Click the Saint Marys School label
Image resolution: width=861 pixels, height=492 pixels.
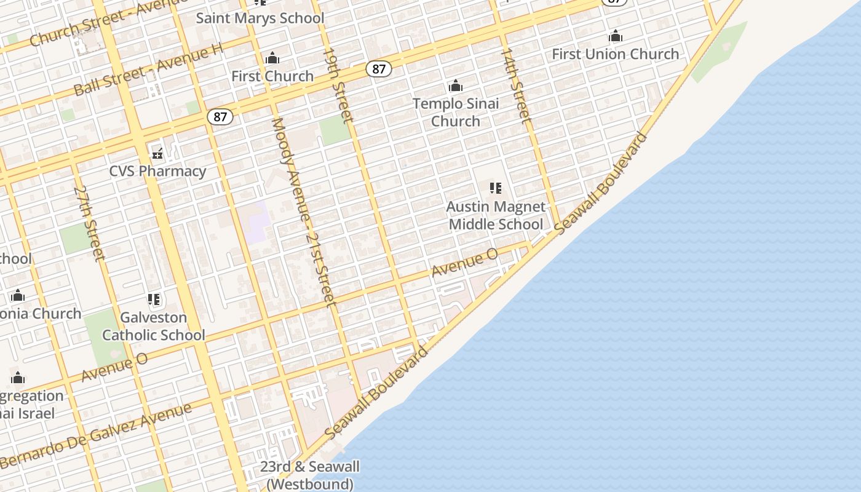pyautogui.click(x=260, y=18)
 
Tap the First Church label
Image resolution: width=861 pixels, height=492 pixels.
pyautogui.click(x=272, y=76)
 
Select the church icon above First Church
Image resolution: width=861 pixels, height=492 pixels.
pyautogui.click(x=272, y=59)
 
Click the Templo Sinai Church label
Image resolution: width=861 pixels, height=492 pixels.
pyautogui.click(x=456, y=112)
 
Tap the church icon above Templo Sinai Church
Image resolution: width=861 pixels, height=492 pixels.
pyautogui.click(x=456, y=85)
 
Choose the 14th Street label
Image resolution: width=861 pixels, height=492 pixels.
pyautogui.click(x=515, y=85)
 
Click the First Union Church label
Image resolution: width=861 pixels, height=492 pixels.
pyautogui.click(x=615, y=54)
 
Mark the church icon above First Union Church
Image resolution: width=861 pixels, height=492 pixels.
pyautogui.click(x=616, y=36)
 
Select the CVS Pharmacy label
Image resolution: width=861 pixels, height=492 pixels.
pyautogui.click(x=157, y=171)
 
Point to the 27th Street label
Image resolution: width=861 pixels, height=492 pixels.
pyautogui.click(x=89, y=223)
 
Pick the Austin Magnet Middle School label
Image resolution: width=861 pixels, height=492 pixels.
pyautogui.click(x=496, y=215)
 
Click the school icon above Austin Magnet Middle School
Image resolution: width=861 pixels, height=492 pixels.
pyautogui.click(x=496, y=188)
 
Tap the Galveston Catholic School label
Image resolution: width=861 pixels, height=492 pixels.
pyautogui.click(x=154, y=326)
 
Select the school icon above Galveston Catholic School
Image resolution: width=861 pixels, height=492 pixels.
pyautogui.click(x=154, y=300)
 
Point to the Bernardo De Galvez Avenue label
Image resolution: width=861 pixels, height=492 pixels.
pyautogui.click(x=95, y=435)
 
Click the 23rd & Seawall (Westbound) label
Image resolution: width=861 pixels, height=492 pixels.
pyautogui.click(x=309, y=475)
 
